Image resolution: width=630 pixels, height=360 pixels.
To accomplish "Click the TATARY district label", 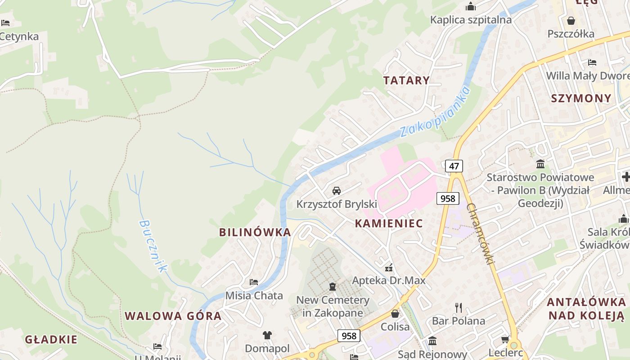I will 406,81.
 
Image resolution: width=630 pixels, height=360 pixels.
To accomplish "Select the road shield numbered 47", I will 454,166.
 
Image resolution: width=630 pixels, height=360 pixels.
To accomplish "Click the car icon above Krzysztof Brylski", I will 337,191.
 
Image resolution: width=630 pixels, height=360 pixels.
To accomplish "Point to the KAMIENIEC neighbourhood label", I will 389,224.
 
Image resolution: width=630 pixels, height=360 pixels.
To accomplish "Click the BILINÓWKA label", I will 255,232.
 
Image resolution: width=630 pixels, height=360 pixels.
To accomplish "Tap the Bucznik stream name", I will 153,246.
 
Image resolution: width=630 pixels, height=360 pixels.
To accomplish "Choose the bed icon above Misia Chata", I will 254,282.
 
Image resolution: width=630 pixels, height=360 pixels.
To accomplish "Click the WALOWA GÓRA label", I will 173,316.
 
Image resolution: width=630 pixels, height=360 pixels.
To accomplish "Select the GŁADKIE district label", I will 51,339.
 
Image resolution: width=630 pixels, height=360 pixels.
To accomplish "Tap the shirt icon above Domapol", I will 267,335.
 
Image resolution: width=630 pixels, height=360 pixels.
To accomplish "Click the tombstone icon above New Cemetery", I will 333,286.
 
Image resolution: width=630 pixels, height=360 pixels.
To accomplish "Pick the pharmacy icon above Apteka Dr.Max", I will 389,268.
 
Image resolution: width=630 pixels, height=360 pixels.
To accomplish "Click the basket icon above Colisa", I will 395,314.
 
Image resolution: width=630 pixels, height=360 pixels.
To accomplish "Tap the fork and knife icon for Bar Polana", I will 459,308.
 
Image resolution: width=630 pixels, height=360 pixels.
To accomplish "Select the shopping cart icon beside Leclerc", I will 505,339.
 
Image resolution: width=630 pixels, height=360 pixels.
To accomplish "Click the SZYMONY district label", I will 581,99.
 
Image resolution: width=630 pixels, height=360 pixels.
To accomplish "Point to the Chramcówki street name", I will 481,234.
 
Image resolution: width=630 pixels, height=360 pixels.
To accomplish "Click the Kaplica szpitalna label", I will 471,20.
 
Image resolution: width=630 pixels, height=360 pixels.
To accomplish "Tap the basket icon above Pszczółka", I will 571,21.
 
